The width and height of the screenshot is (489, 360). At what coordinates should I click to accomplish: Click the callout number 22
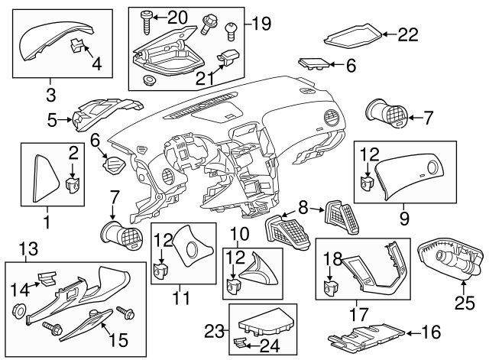point(410,34)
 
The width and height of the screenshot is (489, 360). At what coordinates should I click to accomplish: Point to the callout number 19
point(261,24)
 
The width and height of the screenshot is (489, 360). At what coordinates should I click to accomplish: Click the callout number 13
point(28,248)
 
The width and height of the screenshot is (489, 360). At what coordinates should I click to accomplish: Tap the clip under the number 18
point(332,287)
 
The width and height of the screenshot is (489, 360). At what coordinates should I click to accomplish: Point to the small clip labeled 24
point(241,343)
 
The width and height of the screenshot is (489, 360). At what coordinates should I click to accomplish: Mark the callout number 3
point(51,96)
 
